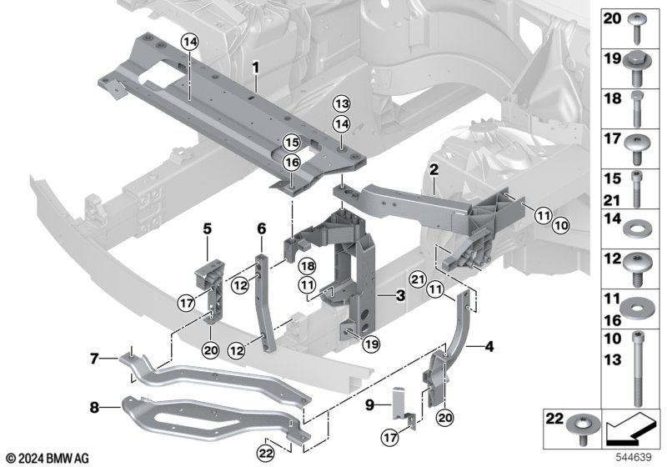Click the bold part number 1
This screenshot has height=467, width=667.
[x=255, y=68]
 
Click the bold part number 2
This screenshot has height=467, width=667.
[x=434, y=170]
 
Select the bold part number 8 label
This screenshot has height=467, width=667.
[x=94, y=408]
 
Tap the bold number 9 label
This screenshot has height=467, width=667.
[x=369, y=405]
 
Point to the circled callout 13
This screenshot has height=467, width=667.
[x=342, y=103]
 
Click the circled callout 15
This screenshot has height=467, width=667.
[x=293, y=142]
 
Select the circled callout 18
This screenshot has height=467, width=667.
[x=308, y=267]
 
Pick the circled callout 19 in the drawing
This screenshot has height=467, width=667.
[x=371, y=344]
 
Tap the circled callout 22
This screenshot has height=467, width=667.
[x=265, y=454]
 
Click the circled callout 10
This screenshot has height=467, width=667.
[x=561, y=226]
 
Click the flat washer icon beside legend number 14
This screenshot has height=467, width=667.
[x=637, y=230]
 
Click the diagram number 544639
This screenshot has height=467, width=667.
[x=634, y=457]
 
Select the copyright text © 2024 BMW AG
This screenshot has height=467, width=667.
[x=48, y=459]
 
